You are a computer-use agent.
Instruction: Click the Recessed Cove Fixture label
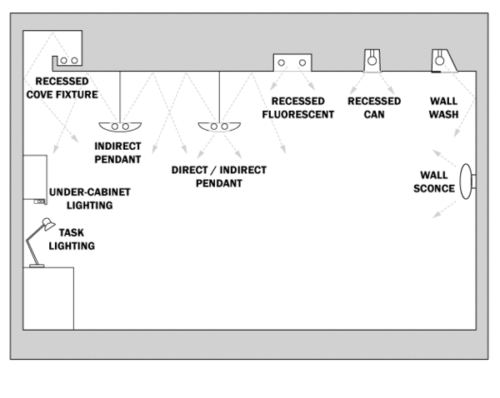coord(66,88)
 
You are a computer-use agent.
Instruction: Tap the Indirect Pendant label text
coord(117,152)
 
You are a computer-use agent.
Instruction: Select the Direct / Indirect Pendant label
coord(219,176)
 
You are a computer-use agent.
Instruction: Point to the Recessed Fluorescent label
coord(297,107)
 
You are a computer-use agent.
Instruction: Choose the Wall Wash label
coord(443,107)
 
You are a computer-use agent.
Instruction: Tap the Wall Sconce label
coord(434,182)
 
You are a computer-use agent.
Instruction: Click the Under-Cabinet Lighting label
coord(90,197)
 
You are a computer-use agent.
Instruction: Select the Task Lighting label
coord(72,240)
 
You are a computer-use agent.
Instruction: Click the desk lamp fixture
coord(39,241)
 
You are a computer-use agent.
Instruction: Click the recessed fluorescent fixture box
coord(292,62)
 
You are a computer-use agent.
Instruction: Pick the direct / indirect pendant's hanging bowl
coord(220,127)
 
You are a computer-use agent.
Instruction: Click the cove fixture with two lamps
coord(67,61)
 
